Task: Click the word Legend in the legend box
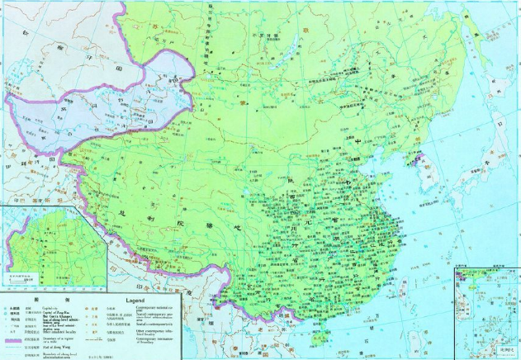pyautogui.click(x=137, y=300)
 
